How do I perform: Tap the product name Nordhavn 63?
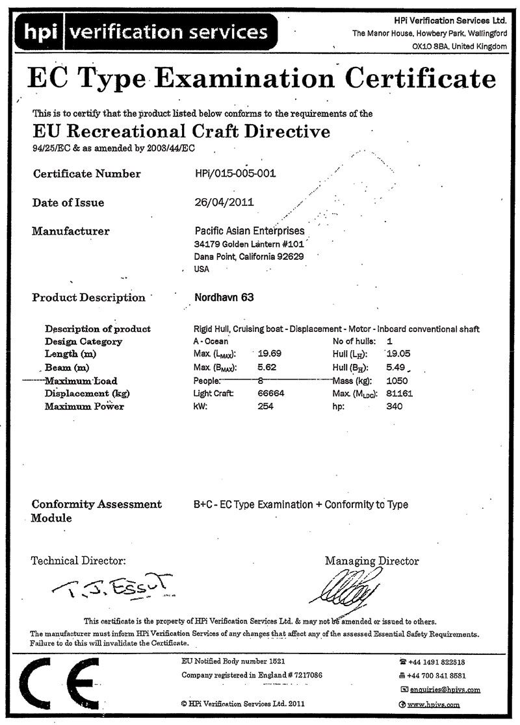click(224, 298)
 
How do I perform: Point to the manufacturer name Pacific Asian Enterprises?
click(249, 231)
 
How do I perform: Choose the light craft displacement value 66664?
click(272, 394)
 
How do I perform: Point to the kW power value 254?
click(266, 407)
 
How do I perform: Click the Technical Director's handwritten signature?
click(114, 586)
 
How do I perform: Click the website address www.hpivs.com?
click(434, 704)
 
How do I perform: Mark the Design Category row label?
click(83, 342)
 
